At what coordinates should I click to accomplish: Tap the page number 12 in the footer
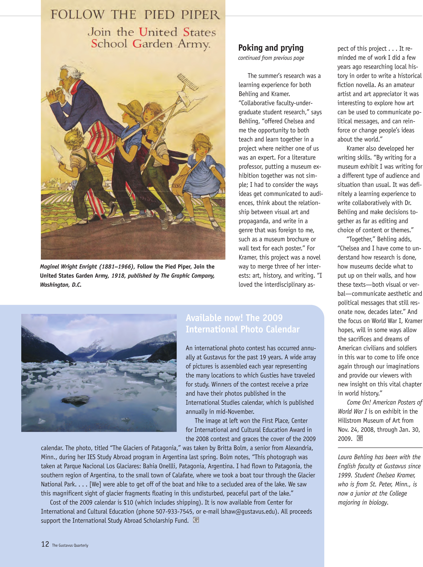tap(45, 544)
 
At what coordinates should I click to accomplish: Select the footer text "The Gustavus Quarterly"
tap(70, 545)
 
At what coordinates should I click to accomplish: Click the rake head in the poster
tap(188, 82)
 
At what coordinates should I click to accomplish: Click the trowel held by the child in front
tap(57, 155)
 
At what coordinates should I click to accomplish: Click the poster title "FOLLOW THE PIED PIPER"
tap(135, 15)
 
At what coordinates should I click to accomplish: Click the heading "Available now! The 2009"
tap(234, 318)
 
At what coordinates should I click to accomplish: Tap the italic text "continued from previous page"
tap(271, 58)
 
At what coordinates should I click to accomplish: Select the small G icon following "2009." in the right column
tap(360, 438)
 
